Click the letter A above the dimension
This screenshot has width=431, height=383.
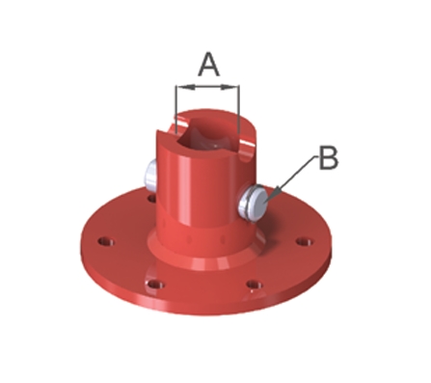click(x=209, y=66)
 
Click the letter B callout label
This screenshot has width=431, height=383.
click(x=329, y=157)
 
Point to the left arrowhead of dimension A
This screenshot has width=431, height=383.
click(x=186, y=87)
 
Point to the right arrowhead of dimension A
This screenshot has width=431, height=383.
click(x=229, y=87)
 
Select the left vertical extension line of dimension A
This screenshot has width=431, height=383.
click(x=176, y=109)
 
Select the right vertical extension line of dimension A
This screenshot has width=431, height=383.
click(x=238, y=109)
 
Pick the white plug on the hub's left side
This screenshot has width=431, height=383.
click(x=150, y=177)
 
